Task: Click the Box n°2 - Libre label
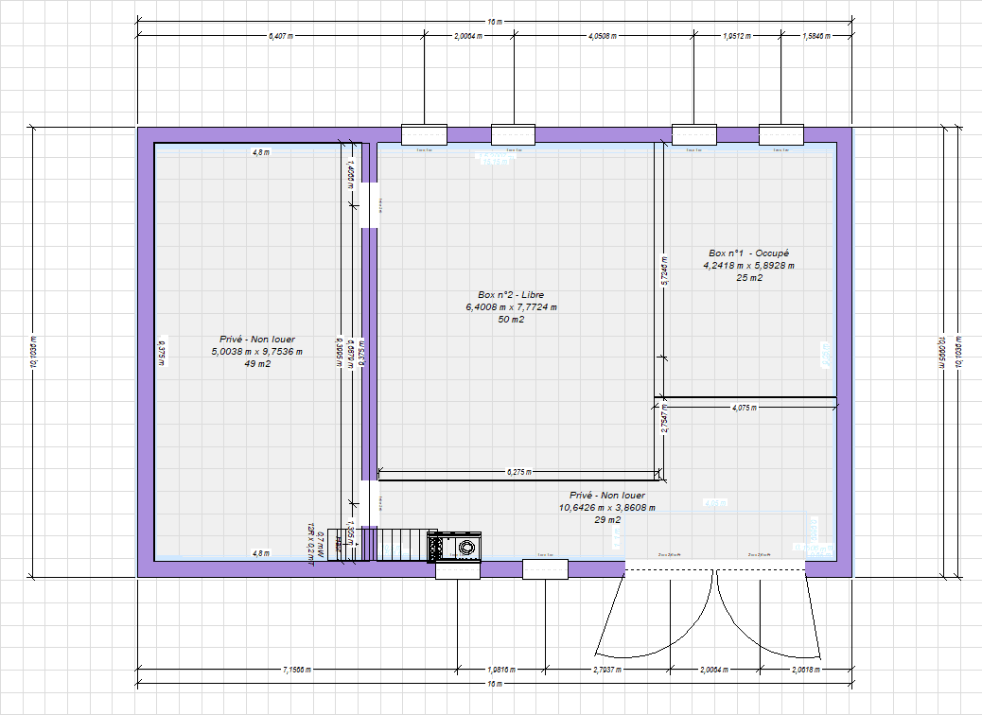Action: [511, 295]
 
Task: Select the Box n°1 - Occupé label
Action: [748, 253]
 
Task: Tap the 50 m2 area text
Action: [511, 320]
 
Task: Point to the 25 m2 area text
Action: [748, 278]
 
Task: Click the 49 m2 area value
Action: [257, 363]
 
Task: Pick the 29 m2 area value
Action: [606, 520]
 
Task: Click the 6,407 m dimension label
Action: [280, 36]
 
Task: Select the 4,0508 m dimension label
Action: [603, 36]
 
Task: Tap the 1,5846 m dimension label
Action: [815, 36]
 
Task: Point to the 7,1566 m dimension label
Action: [297, 670]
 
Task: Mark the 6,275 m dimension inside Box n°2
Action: [519, 471]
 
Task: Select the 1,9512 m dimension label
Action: [737, 36]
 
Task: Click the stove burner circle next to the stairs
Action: [466, 547]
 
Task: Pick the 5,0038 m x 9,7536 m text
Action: [257, 351]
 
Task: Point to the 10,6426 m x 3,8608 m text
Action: [606, 508]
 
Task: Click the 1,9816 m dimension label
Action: [501, 670]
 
